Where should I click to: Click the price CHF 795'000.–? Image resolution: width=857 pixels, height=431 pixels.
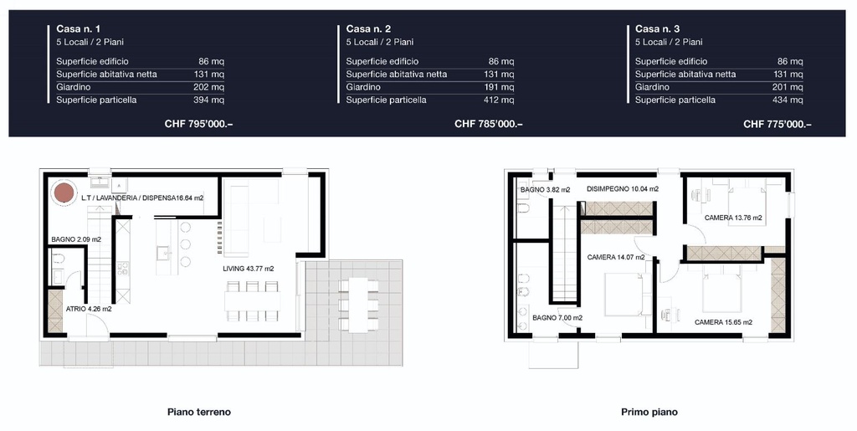199,124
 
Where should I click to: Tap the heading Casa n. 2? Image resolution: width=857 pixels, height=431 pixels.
368,29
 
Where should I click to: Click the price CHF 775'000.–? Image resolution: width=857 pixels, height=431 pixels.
777,124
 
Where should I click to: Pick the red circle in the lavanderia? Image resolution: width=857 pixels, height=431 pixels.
64,192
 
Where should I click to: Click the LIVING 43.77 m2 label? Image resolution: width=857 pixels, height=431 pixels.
248,269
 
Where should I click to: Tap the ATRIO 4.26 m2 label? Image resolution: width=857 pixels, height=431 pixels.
89,309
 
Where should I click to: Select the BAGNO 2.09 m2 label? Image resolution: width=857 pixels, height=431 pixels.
76,239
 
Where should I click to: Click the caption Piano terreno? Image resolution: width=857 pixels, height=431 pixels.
199,412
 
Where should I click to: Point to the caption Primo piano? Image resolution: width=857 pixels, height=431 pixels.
649,412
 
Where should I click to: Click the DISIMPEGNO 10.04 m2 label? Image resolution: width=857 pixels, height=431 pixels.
623,189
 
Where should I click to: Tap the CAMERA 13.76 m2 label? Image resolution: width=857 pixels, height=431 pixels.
733,218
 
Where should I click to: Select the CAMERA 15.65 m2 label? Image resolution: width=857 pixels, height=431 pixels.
723,322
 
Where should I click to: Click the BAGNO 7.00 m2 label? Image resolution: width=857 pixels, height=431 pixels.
557,317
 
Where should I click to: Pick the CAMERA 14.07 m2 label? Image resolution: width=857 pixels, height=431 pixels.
615,257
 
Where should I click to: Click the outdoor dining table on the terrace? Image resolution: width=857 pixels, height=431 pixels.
358,305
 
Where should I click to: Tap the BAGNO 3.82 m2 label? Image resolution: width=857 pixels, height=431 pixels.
545,189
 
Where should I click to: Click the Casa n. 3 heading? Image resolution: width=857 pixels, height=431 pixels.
658,29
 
